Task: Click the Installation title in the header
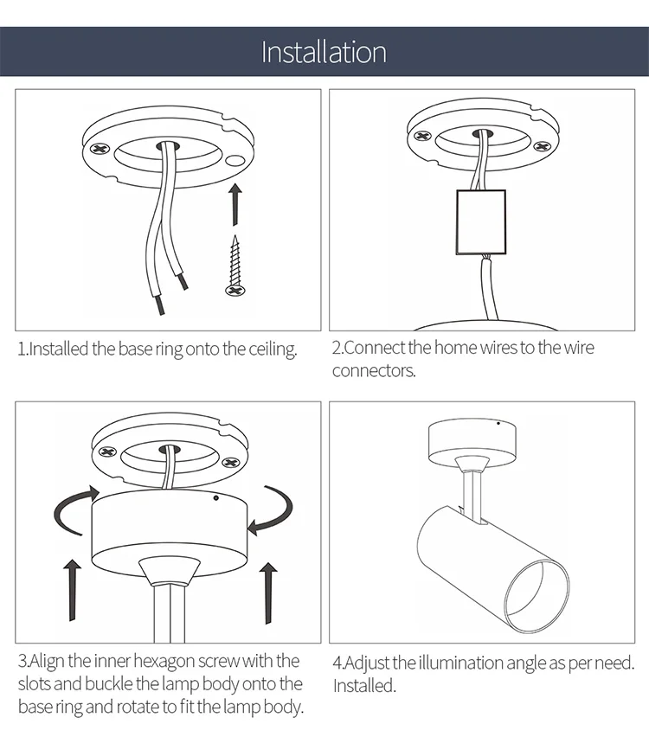(x=324, y=52)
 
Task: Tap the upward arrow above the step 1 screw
(x=235, y=204)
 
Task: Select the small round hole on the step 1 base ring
(x=236, y=161)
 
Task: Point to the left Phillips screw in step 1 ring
(x=100, y=149)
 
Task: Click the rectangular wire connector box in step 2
(x=481, y=221)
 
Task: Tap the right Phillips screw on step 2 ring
(x=542, y=145)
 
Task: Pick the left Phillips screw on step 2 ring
(x=423, y=137)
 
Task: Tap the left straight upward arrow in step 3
(x=73, y=590)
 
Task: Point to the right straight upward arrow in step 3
(x=268, y=593)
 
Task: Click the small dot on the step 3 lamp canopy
(x=216, y=497)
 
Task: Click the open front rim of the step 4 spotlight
(x=537, y=597)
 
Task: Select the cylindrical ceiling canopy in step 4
(x=472, y=440)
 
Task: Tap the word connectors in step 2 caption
(x=374, y=371)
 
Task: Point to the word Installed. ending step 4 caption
(x=364, y=686)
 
